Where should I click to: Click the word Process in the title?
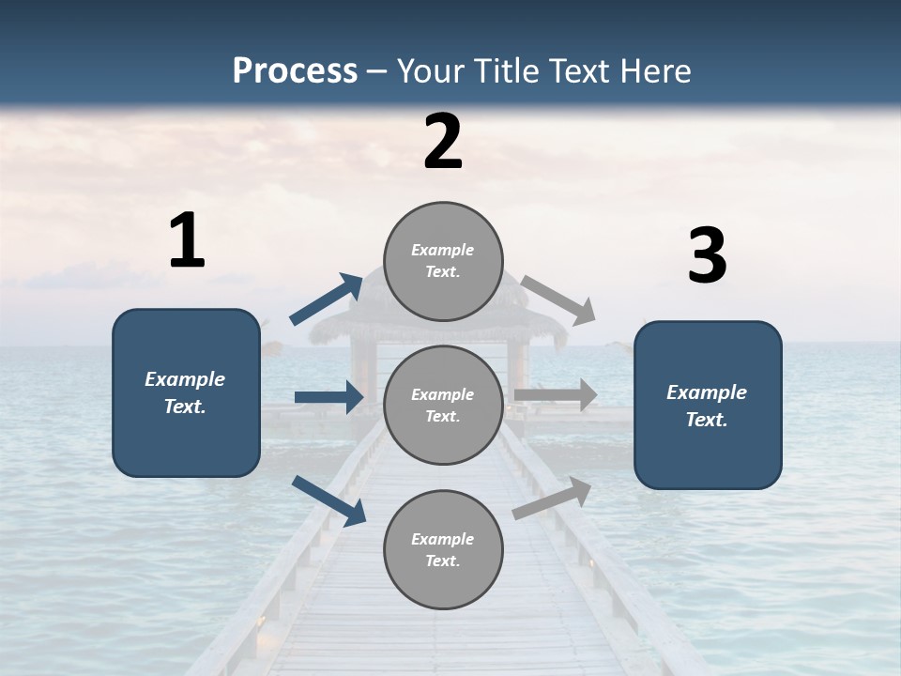coord(295,71)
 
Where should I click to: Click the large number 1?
coord(187,241)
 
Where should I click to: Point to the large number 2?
coord(443,143)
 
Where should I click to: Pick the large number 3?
coord(708,256)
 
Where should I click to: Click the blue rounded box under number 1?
coord(186,392)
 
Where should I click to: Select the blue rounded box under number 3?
coord(708,406)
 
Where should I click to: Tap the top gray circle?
coord(443,261)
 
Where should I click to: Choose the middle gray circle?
coord(443,406)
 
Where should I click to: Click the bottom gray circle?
coord(443,550)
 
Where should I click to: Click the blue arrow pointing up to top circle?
coord(327,300)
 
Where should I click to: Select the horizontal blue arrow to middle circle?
coord(328,397)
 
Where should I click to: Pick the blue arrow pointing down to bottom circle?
coord(328,500)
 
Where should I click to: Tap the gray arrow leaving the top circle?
coord(559,300)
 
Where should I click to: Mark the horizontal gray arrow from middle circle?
coord(556,395)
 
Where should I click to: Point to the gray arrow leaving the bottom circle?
coord(552,498)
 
